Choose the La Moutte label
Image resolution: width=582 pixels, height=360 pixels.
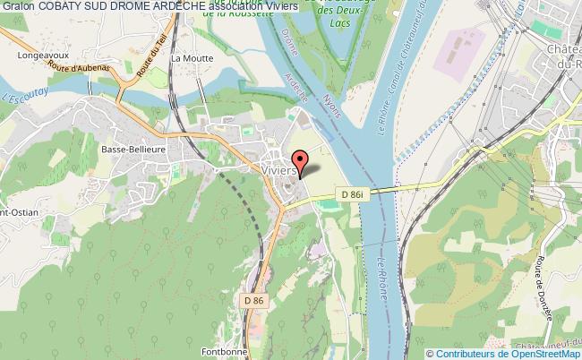[x=190, y=58]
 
